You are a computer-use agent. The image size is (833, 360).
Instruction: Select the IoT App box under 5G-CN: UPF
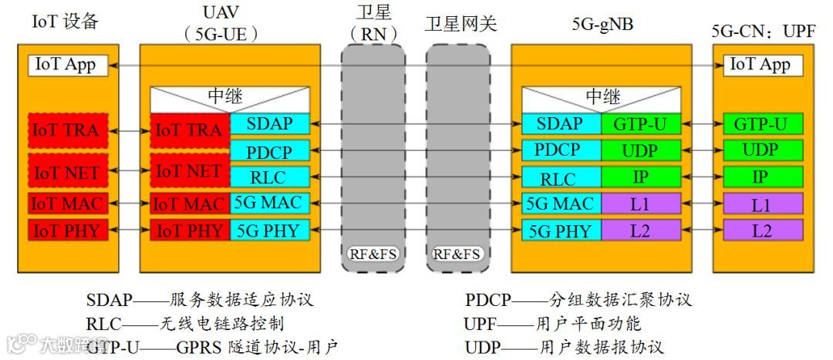pyautogui.click(x=760, y=65)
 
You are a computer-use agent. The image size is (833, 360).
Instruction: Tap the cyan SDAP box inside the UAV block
pyautogui.click(x=269, y=123)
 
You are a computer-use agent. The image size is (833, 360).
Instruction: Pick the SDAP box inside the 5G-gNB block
pyautogui.click(x=562, y=123)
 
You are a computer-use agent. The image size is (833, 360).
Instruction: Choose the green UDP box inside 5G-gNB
pyautogui.click(x=641, y=150)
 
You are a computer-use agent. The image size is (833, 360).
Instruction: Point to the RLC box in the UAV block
pyautogui.click(x=269, y=177)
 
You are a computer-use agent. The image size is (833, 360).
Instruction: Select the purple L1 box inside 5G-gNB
pyautogui.click(x=641, y=204)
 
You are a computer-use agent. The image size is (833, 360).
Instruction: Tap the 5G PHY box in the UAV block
pyautogui.click(x=269, y=230)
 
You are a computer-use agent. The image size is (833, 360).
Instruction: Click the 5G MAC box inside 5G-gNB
pyautogui.click(x=562, y=204)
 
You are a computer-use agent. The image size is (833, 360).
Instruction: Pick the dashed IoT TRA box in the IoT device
pyautogui.click(x=66, y=130)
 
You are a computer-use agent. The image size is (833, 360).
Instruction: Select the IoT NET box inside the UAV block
pyautogui.click(x=190, y=171)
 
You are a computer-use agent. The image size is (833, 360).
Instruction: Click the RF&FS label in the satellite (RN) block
pyautogui.click(x=373, y=254)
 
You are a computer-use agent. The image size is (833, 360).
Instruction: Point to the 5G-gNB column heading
pyautogui.click(x=602, y=23)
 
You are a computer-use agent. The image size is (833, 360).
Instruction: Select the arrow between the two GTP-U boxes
pyautogui.click(x=701, y=123)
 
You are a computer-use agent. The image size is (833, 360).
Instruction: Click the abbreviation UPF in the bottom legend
pyautogui.click(x=479, y=323)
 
